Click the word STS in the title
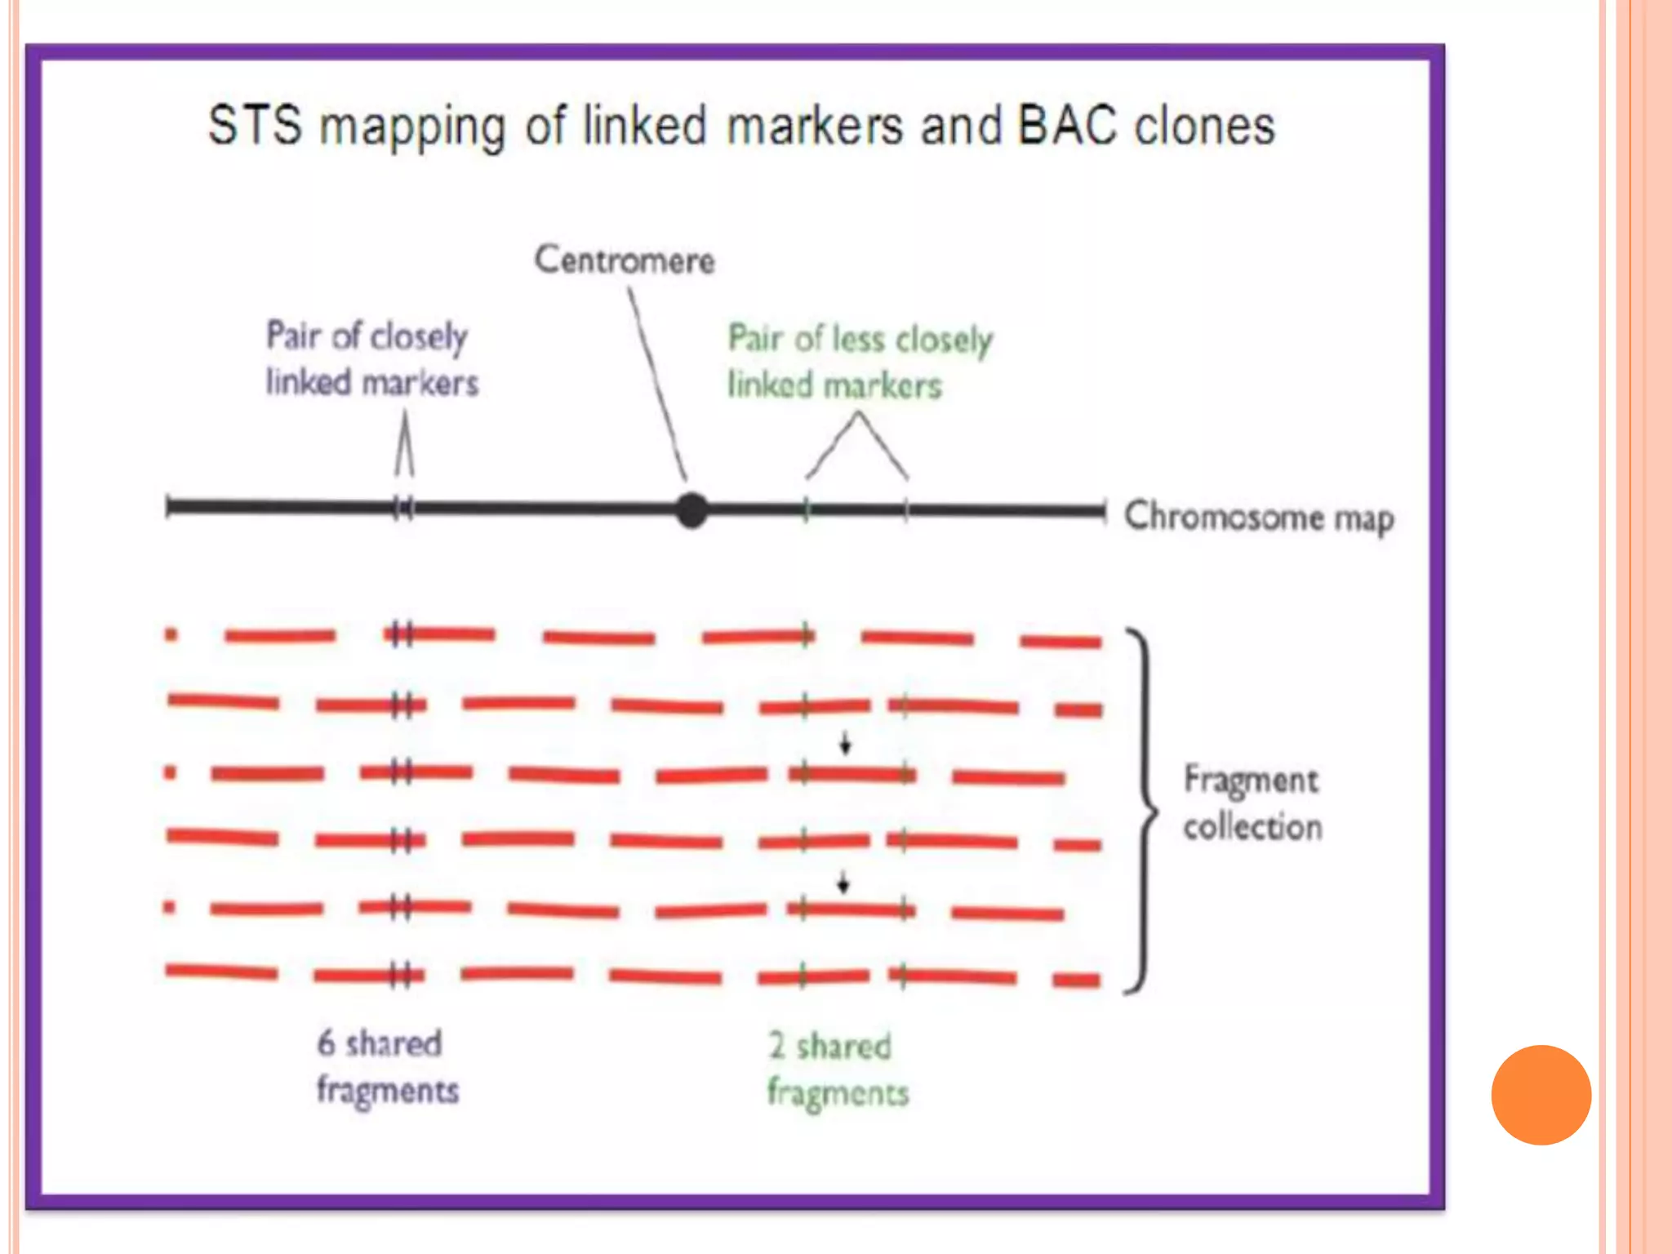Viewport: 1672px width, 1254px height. [x=254, y=127]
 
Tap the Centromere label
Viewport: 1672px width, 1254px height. [x=625, y=260]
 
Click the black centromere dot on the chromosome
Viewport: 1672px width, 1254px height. [x=691, y=511]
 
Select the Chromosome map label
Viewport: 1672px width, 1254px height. [x=1258, y=517]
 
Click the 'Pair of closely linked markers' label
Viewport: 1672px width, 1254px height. [x=371, y=359]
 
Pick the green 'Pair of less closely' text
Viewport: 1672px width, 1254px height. [x=860, y=340]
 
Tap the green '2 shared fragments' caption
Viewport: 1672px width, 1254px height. [x=836, y=1069]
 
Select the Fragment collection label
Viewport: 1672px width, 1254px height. [x=1252, y=803]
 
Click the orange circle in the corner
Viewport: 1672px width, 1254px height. [x=1541, y=1095]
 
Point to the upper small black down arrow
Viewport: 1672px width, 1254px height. [x=846, y=743]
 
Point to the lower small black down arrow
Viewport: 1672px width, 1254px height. [x=843, y=883]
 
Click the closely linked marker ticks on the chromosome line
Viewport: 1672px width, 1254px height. [x=403, y=509]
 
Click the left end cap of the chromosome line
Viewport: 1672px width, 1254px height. [x=168, y=507]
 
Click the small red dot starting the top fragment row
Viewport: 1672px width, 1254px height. [x=171, y=634]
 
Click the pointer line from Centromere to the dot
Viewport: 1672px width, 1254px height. [x=657, y=384]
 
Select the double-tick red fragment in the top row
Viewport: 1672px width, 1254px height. [x=438, y=634]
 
